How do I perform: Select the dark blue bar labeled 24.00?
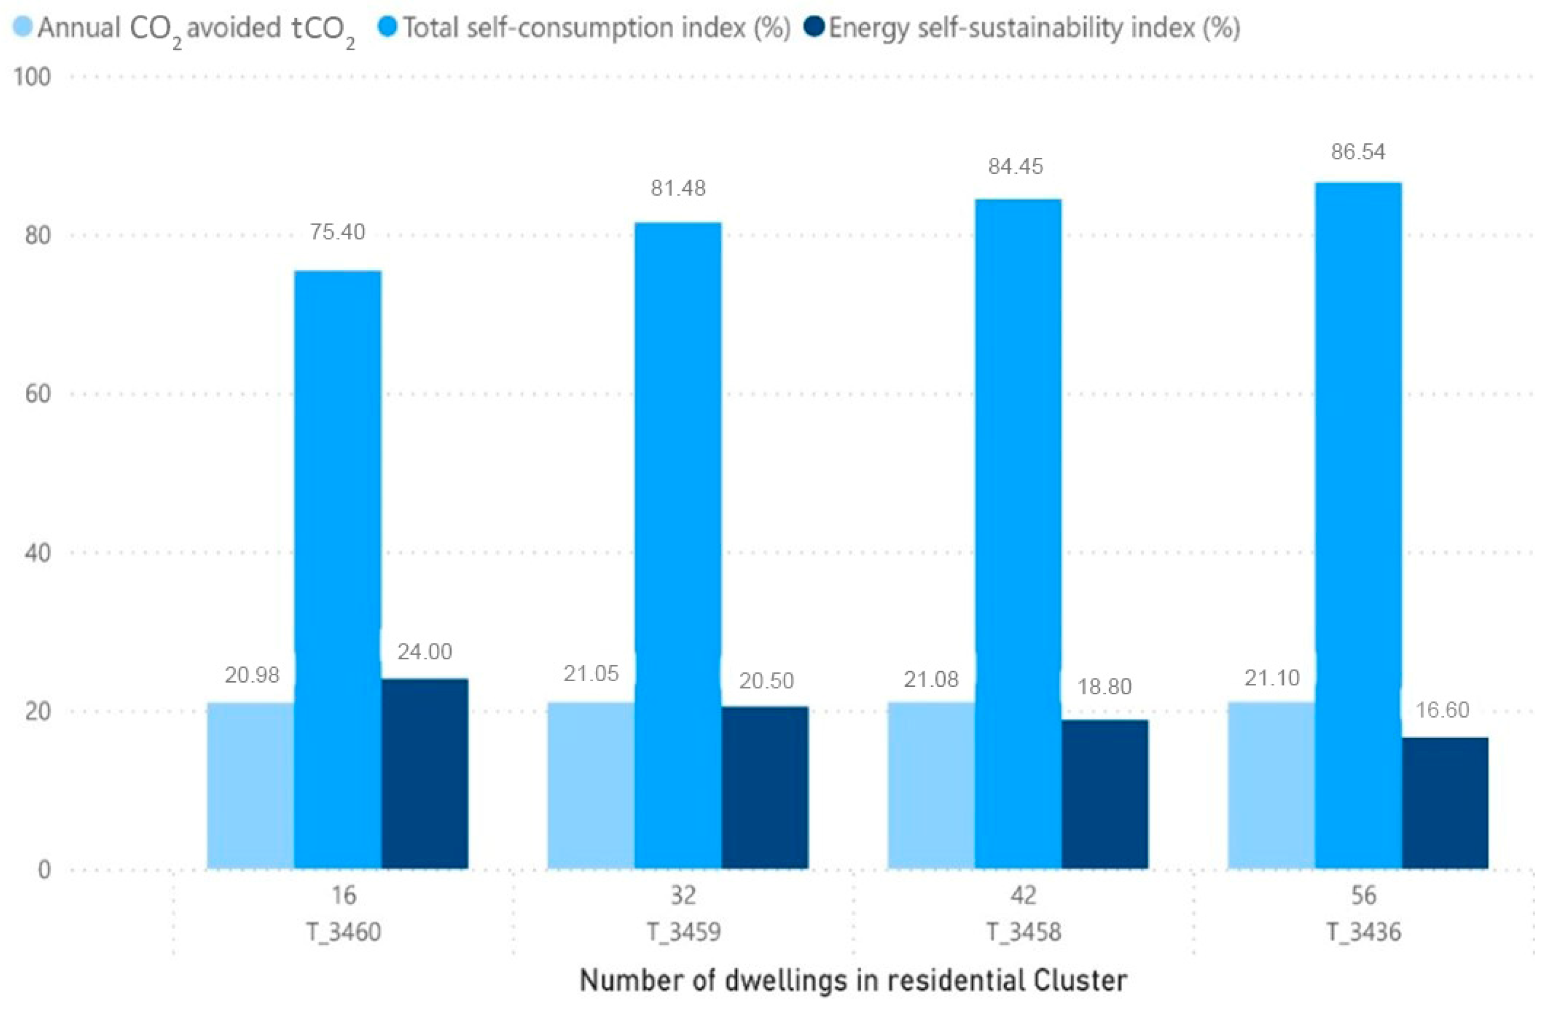[424, 773]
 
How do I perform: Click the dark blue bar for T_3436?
[1444, 803]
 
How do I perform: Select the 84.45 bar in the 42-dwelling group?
[1017, 533]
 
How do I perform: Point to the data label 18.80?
[1104, 687]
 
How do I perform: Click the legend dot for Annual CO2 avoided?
[23, 28]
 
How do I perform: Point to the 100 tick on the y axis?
[32, 77]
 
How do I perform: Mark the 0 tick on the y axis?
[43, 869]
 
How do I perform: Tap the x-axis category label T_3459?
[683, 932]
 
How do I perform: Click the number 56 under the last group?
[1363, 895]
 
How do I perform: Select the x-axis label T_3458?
[1023, 932]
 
